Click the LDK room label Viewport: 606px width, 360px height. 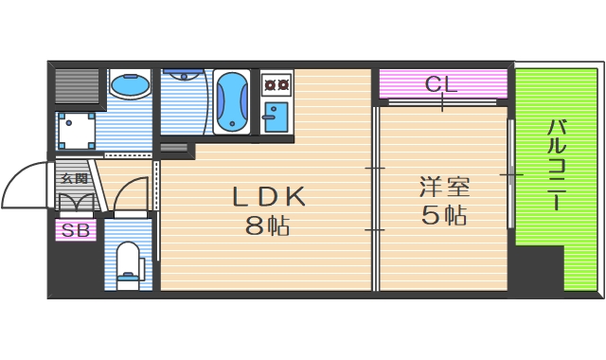pyautogui.click(x=270, y=196)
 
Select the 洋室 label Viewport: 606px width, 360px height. pyautogui.click(x=444, y=186)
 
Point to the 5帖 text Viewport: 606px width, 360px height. pyautogui.click(x=444, y=215)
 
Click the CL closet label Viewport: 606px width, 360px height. pyautogui.click(x=441, y=84)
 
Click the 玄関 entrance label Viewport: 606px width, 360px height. pyautogui.click(x=74, y=178)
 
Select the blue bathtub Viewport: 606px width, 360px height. pyautogui.click(x=232, y=100)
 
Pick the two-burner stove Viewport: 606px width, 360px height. pyautogui.click(x=276, y=85)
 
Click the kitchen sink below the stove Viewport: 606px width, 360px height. pyautogui.click(x=276, y=117)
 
